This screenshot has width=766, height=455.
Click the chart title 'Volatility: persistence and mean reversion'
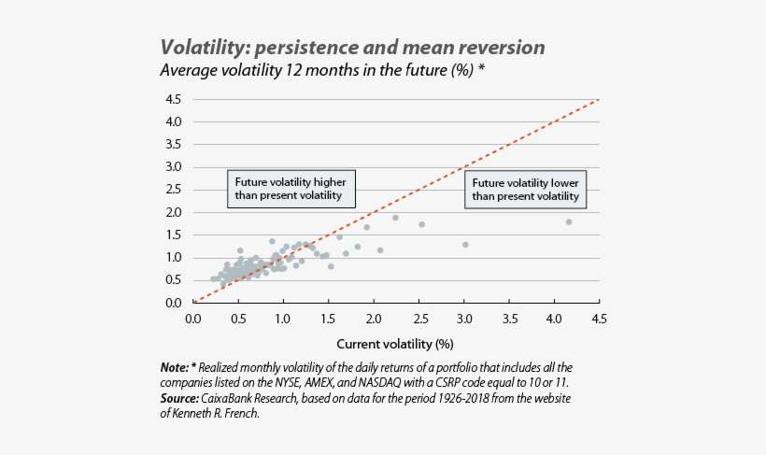click(x=352, y=48)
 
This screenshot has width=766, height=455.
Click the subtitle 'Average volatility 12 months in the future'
click(x=322, y=70)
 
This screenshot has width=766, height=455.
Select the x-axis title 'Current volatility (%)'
click(x=395, y=344)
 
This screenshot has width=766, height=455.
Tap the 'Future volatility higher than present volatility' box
click(x=291, y=190)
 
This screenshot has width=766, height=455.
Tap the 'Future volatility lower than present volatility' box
click(x=526, y=190)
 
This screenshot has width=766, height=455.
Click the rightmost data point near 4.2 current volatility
click(x=568, y=221)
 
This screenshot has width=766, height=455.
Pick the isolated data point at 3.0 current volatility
click(x=465, y=245)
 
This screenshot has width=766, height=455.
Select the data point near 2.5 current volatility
click(x=421, y=224)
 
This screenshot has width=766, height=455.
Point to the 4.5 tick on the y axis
click(x=174, y=99)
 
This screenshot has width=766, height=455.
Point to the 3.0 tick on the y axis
click(x=174, y=167)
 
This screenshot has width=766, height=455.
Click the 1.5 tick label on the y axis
click(x=174, y=235)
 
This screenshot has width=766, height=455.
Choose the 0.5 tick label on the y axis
click(x=174, y=280)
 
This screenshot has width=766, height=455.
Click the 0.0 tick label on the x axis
click(x=193, y=319)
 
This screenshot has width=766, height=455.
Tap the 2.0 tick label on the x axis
click(x=374, y=319)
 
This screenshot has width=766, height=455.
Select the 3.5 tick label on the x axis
click(x=509, y=319)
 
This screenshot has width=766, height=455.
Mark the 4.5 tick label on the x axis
click(x=599, y=319)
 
